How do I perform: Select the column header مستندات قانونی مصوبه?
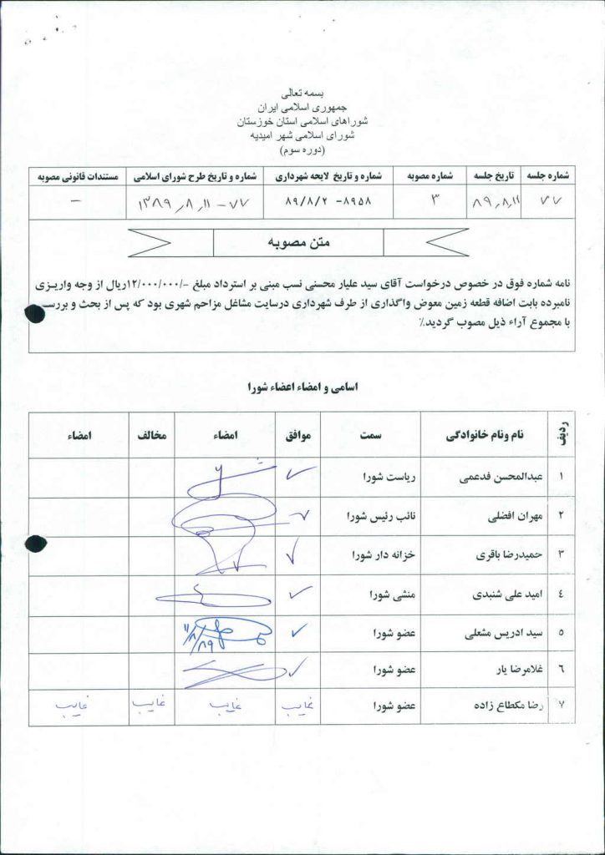point(79,176)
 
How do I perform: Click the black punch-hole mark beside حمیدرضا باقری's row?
point(34,544)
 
